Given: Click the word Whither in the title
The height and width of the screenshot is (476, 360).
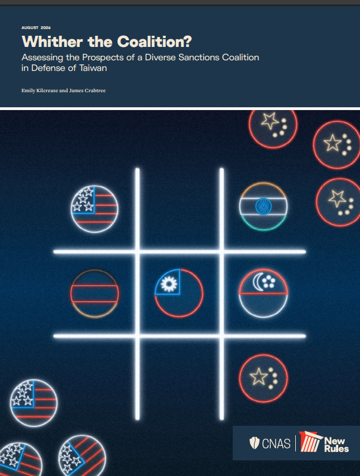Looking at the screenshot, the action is tap(52, 41).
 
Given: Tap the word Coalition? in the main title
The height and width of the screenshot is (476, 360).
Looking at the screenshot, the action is tap(155, 41).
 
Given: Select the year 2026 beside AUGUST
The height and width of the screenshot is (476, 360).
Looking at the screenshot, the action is tap(46, 27).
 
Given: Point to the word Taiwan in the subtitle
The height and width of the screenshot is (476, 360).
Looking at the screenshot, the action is tap(93, 68).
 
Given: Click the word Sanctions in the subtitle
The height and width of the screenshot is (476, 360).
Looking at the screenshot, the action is tap(199, 58).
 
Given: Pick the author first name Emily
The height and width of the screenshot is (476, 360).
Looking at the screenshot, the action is tap(28, 91).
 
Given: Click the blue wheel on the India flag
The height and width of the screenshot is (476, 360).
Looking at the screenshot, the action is tap(263, 206).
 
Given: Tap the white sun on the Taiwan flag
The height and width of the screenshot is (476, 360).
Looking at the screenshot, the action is tap(169, 284).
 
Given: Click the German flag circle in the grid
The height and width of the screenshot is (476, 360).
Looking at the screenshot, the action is tap(95, 293).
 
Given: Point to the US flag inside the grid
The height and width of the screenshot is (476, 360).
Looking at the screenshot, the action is tap(95, 209).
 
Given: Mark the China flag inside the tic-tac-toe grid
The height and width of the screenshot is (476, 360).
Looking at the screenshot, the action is tap(263, 379).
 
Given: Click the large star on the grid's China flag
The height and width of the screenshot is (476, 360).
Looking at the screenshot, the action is tap(258, 377).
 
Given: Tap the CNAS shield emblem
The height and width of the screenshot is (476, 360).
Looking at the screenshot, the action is tap(254, 443).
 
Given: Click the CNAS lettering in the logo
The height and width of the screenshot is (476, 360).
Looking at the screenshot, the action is tap(276, 444).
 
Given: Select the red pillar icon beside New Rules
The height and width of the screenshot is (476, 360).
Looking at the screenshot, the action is tap(310, 442).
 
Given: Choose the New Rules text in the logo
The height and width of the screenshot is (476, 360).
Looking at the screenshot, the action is tap(337, 445).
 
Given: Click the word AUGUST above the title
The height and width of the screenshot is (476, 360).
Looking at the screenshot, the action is tap(30, 27).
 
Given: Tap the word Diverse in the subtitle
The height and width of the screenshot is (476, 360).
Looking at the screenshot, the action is tap(160, 58).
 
